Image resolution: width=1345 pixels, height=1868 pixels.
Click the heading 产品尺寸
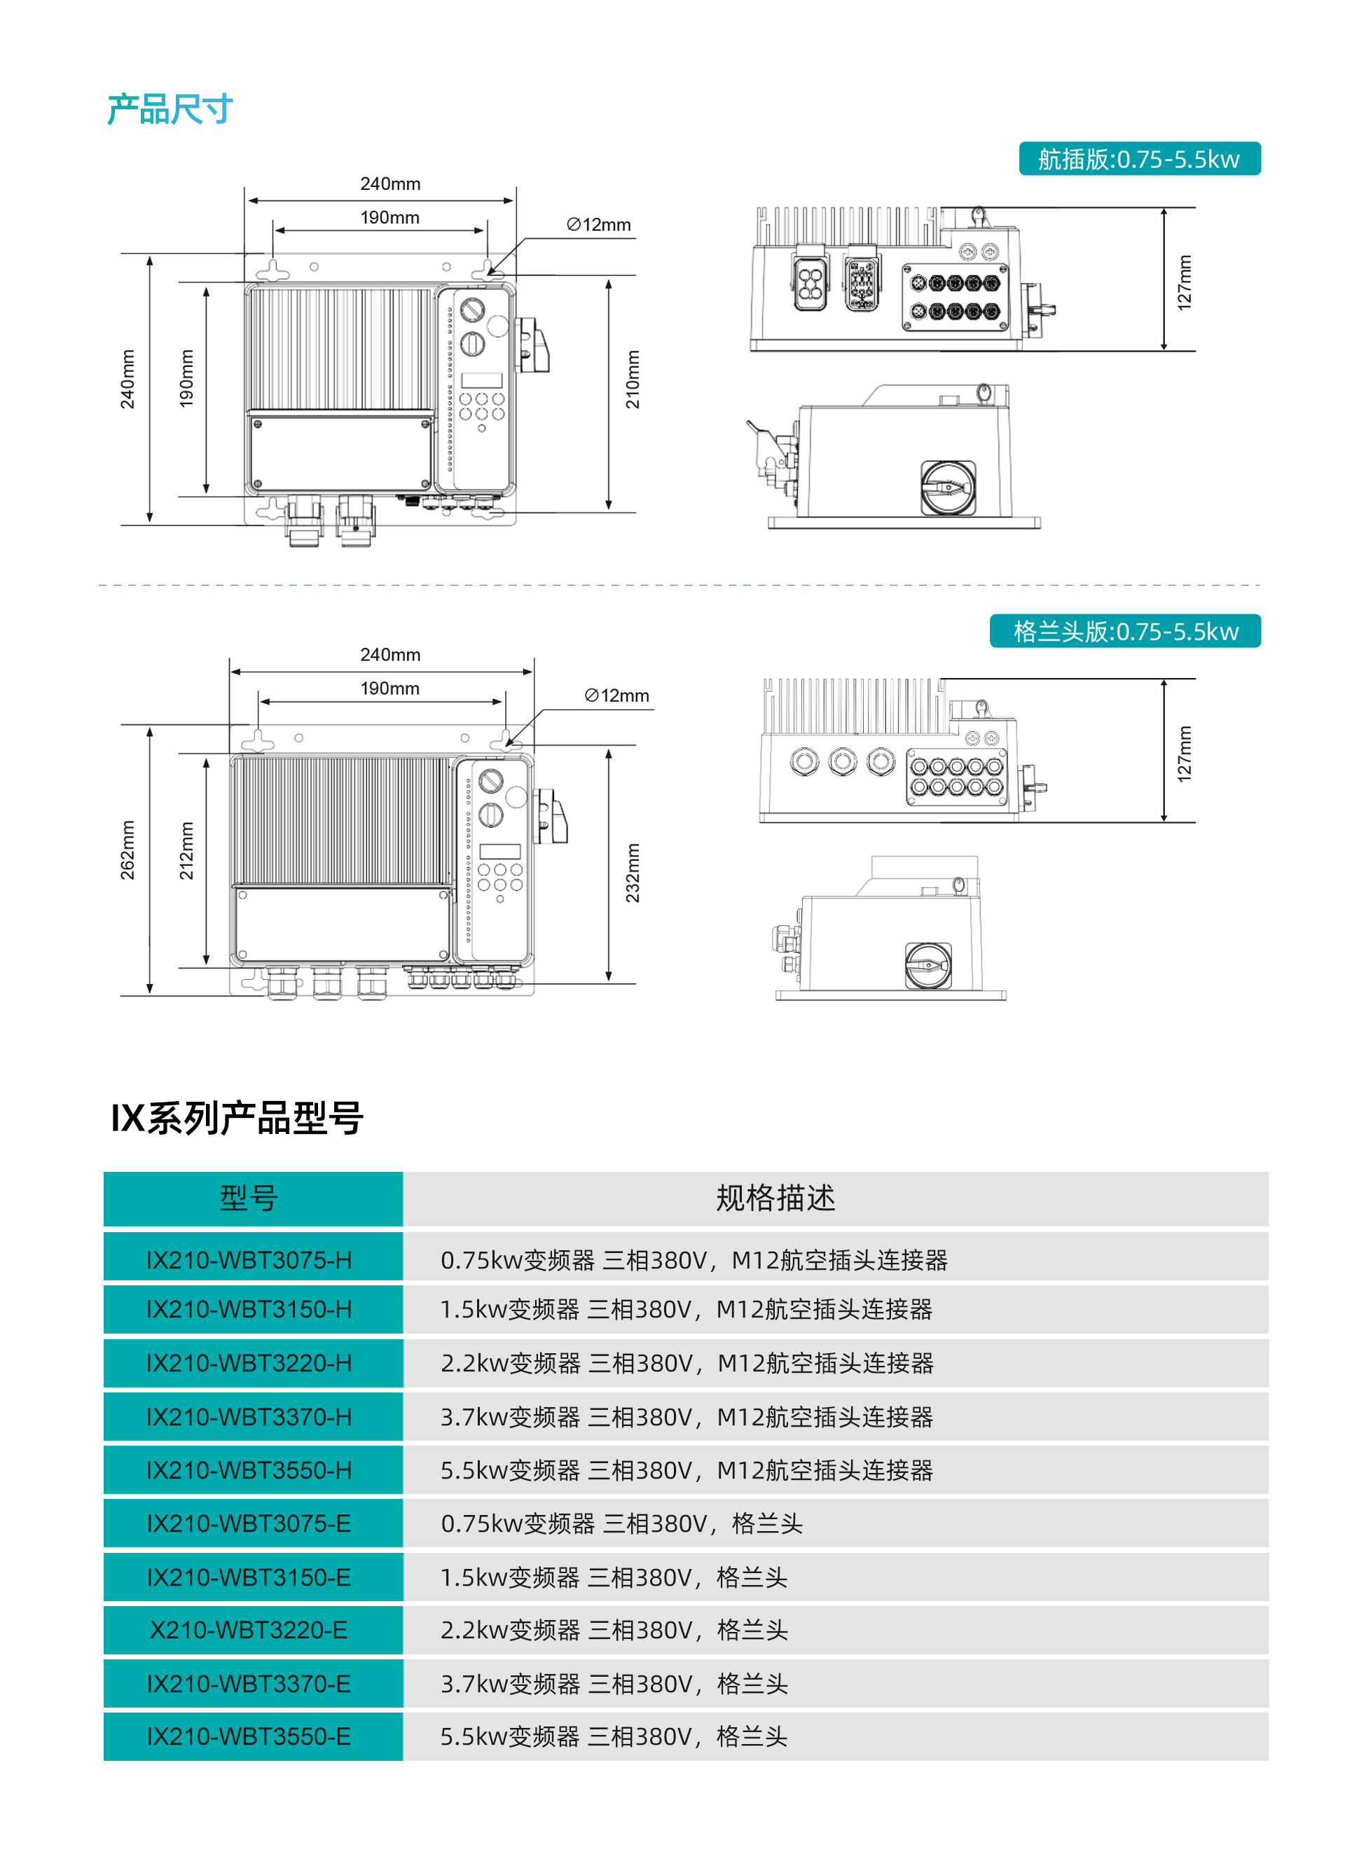click(x=170, y=109)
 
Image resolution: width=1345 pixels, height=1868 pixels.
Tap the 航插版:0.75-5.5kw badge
click(x=1139, y=158)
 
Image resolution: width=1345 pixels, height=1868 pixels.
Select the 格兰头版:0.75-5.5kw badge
click(x=1125, y=631)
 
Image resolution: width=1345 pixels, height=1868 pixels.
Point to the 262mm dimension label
click(x=127, y=850)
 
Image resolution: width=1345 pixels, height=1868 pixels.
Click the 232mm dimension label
click(x=633, y=873)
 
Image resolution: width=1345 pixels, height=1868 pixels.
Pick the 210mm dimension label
click(x=633, y=380)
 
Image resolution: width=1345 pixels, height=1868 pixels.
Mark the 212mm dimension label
click(x=187, y=850)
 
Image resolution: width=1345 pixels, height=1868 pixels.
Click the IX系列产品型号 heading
click(x=237, y=1118)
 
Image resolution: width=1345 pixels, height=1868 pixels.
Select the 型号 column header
click(x=249, y=1198)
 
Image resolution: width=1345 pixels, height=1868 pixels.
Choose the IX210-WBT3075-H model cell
click(x=249, y=1259)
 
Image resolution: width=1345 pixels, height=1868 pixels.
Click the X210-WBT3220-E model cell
click(x=249, y=1629)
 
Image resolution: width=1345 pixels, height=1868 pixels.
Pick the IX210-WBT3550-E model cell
click(x=249, y=1736)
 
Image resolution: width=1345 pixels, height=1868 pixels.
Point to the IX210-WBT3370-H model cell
click(x=249, y=1416)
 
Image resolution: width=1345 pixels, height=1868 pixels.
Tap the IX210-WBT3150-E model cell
click(x=249, y=1577)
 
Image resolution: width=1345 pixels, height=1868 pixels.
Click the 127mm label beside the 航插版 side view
click(x=1185, y=282)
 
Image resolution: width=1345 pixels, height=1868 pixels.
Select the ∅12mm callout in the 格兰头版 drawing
click(x=617, y=695)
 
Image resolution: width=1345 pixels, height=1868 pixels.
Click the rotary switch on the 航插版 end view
click(x=948, y=487)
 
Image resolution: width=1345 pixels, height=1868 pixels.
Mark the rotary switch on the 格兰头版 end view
click(x=928, y=965)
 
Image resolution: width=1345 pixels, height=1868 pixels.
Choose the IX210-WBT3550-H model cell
click(x=249, y=1469)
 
